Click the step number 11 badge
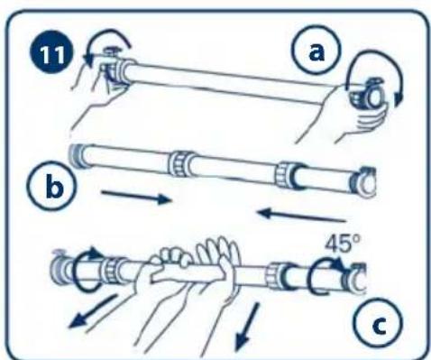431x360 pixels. (x=51, y=54)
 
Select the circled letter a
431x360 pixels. (x=316, y=51)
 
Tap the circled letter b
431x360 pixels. (x=52, y=186)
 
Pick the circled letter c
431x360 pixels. (x=378, y=323)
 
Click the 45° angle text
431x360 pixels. (x=343, y=244)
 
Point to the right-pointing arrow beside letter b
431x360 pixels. (x=137, y=197)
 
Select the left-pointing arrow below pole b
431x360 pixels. (x=301, y=216)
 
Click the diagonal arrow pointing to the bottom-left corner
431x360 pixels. (x=92, y=311)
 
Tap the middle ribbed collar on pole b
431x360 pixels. (x=179, y=164)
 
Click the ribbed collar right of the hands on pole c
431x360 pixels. (x=276, y=276)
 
